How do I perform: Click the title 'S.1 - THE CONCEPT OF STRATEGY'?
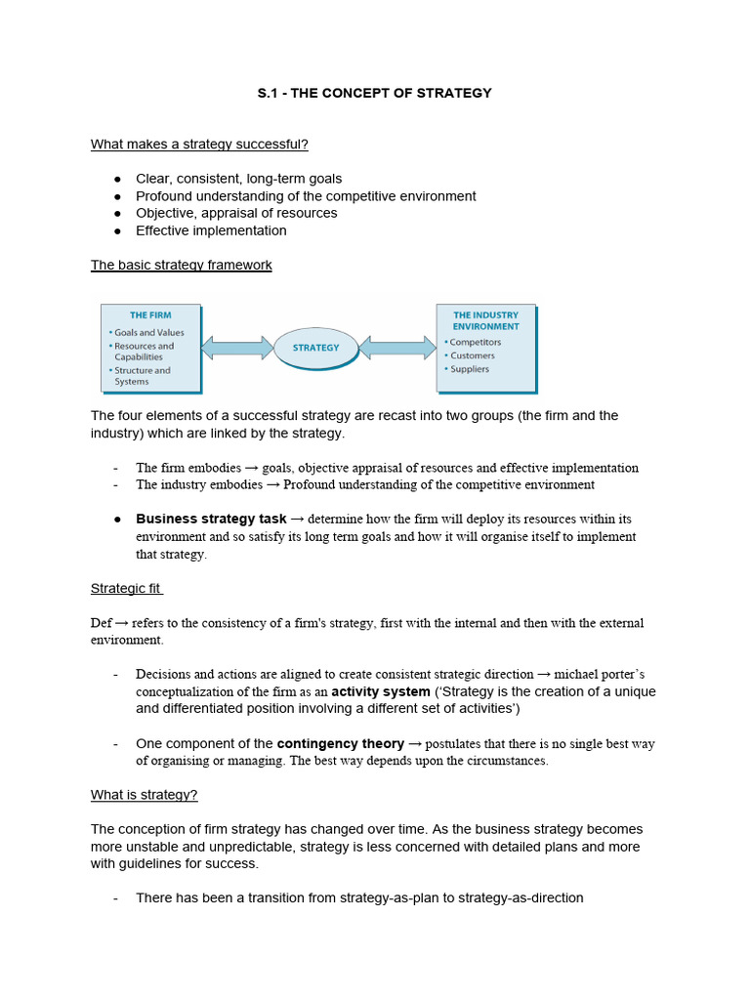coord(374,94)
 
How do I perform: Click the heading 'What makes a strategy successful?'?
coord(199,145)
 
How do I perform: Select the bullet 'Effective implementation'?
coord(211,230)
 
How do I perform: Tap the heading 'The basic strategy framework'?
coord(181,265)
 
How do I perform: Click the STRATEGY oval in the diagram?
coord(315,348)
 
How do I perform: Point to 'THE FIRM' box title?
coord(150,315)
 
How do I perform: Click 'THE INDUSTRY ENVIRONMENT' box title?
coord(485,320)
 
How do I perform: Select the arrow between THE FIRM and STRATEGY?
coord(237,348)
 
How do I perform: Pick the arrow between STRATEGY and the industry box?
coord(397,347)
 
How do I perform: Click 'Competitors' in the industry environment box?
coord(476,343)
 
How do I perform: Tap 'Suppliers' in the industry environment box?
coord(471,369)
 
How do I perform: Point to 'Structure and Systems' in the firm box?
coord(142,376)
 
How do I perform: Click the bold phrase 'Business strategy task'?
coord(211,519)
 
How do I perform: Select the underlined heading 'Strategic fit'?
coord(127,589)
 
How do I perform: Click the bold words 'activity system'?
coord(381,691)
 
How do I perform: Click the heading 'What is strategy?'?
coord(144,795)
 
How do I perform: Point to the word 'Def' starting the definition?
coord(101,623)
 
